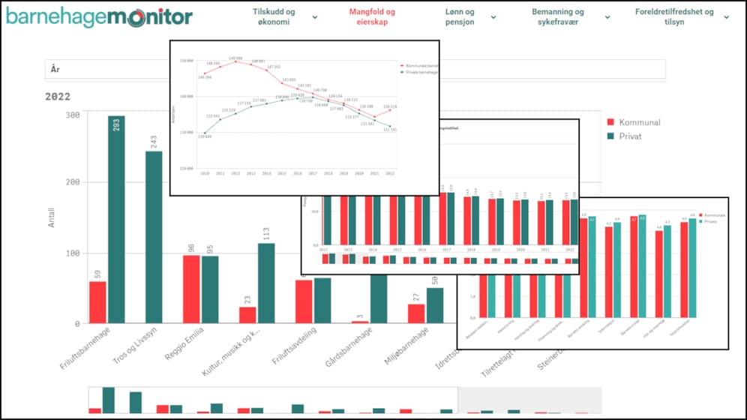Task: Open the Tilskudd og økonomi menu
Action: click(x=274, y=17)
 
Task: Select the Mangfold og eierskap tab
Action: click(x=372, y=17)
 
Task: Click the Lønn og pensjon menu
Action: click(x=459, y=17)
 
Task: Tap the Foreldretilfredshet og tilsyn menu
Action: click(x=673, y=17)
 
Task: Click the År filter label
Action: click(x=55, y=69)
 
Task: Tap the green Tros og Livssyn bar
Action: click(x=153, y=237)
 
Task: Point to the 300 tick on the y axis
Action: click(x=73, y=115)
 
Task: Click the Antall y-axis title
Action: click(x=52, y=218)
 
